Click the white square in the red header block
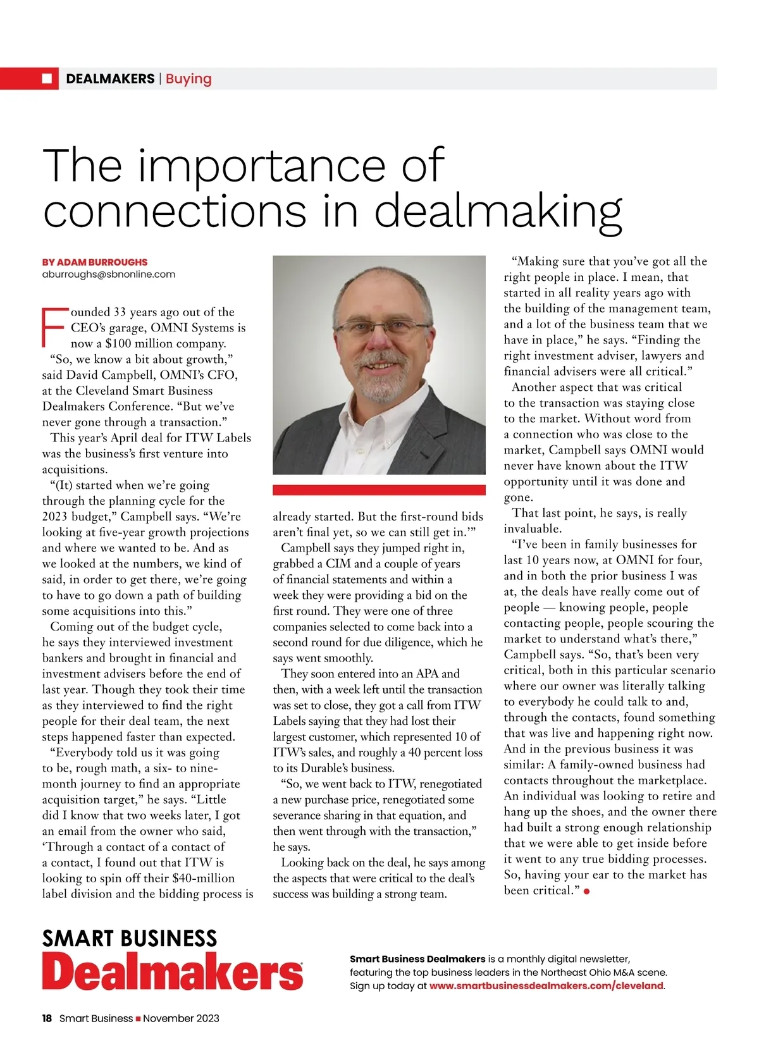(47, 78)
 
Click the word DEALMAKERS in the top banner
(110, 79)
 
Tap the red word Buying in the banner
(188, 79)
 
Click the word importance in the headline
(261, 165)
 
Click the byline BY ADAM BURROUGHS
(95, 262)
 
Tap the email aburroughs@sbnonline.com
(108, 274)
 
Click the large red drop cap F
(54, 328)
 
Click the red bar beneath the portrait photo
(379, 490)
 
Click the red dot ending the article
(587, 891)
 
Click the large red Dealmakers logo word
(172, 972)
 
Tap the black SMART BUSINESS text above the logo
(129, 938)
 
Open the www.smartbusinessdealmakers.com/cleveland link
(546, 985)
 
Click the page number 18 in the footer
(47, 1018)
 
